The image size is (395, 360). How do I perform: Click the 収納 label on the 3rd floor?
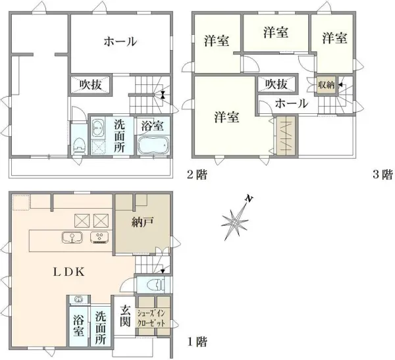click(326, 85)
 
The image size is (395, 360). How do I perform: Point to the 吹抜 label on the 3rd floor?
click(276, 84)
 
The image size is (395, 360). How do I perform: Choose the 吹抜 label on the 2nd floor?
click(91, 85)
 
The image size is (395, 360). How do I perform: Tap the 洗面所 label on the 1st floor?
click(101, 327)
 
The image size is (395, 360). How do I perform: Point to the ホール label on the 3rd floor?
click(290, 103)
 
